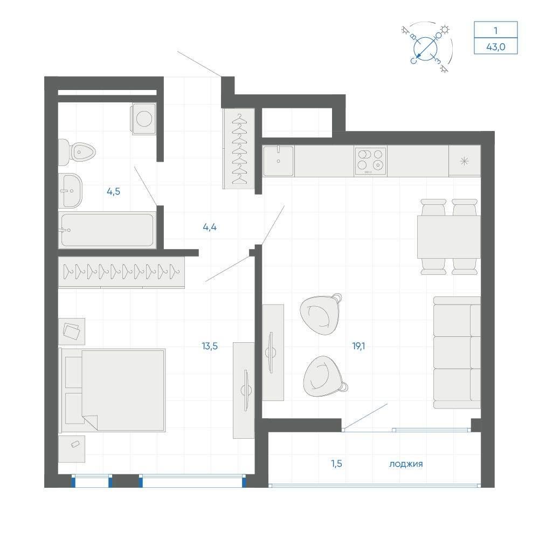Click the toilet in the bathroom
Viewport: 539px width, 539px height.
click(x=77, y=152)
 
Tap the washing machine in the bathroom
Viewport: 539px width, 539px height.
click(x=143, y=119)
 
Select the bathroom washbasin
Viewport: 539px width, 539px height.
click(x=70, y=191)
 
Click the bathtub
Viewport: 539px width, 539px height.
click(x=107, y=230)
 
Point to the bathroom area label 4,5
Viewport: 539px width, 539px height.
click(x=113, y=191)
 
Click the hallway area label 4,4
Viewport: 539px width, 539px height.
click(x=210, y=227)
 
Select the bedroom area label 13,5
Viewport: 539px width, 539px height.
click(x=210, y=346)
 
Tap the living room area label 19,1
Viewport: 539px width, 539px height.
click(x=358, y=346)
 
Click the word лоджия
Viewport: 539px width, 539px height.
click(x=406, y=465)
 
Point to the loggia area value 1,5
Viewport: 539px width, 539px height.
click(x=336, y=464)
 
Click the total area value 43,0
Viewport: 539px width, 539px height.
click(x=496, y=46)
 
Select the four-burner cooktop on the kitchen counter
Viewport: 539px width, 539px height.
click(x=371, y=161)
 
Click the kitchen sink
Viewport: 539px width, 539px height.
click(x=279, y=161)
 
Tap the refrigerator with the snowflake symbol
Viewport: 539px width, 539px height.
click(x=465, y=161)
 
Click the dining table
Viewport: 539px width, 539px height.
click(x=449, y=237)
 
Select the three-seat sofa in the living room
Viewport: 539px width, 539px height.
click(x=457, y=353)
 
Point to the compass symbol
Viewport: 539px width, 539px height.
click(x=426, y=48)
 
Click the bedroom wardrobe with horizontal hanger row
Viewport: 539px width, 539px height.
click(x=121, y=272)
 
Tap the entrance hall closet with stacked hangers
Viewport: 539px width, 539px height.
click(x=239, y=149)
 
